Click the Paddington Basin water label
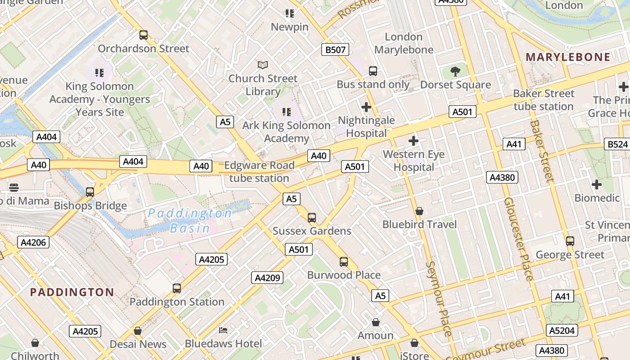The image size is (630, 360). pos(190,220)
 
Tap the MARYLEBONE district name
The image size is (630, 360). pos(568,57)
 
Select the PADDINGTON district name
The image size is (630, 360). pos(72,292)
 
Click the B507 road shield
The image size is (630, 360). pos(335,49)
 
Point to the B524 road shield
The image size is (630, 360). pos(617,144)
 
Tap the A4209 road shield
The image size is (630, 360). pos(267,278)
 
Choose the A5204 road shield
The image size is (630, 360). pos(562,331)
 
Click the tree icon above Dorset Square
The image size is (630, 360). pos(455,71)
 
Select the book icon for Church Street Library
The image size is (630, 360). pos(263,65)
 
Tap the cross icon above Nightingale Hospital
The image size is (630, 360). pos(366,107)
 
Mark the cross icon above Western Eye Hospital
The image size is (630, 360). pos(414,141)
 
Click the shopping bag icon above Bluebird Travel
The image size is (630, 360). pos(419,211)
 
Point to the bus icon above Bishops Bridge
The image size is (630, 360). pos(90,192)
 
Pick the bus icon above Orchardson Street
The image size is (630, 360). pos(144,35)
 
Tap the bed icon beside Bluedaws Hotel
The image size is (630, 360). pos(223,331)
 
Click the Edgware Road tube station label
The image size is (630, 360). pos(259,171)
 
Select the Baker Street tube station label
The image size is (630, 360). pos(544,100)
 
